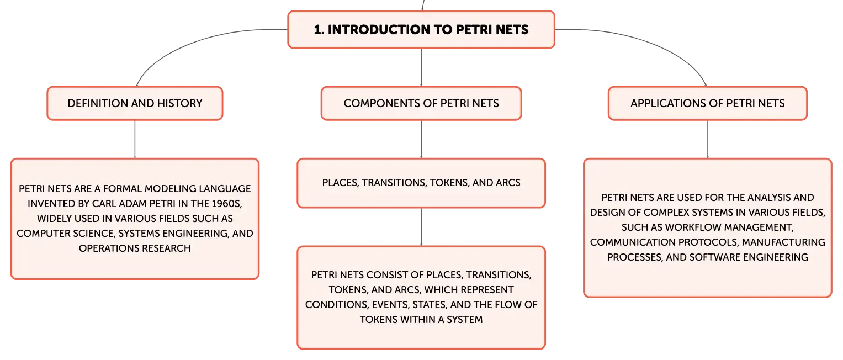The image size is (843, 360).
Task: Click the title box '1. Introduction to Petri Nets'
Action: pyautogui.click(x=421, y=29)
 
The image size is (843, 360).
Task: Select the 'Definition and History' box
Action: pyautogui.click(x=135, y=103)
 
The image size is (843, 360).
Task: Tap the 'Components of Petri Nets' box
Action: pyautogui.click(x=421, y=103)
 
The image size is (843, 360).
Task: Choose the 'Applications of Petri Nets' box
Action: pyautogui.click(x=708, y=103)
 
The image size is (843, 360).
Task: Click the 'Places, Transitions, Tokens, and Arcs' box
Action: pyautogui.click(x=421, y=183)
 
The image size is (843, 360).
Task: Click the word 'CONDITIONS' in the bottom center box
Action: pyautogui.click(x=336, y=305)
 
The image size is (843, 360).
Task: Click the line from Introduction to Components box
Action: pyautogui.click(x=421, y=67)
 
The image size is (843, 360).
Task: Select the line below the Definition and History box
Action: pyautogui.click(x=135, y=139)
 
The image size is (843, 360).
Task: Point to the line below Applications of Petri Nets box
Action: pyautogui.click(x=708, y=139)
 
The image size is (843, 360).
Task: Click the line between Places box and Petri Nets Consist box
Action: pyautogui.click(x=421, y=227)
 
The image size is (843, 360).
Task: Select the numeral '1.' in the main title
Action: pyautogui.click(x=319, y=29)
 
